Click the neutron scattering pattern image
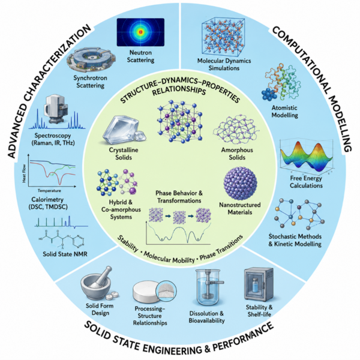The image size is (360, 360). (140, 32)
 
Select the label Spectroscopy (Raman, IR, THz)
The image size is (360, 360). (53, 139)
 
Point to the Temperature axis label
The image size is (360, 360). (49, 191)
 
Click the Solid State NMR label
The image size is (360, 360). (65, 254)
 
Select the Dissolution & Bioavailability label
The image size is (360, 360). (206, 317)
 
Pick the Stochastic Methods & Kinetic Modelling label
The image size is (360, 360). (295, 240)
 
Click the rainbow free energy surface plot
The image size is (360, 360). (306, 157)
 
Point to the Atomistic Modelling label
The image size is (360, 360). (284, 112)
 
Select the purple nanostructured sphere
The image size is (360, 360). (240, 184)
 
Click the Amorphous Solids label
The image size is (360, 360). (237, 154)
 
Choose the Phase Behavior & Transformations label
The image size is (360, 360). (179, 197)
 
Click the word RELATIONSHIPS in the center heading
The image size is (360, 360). (179, 89)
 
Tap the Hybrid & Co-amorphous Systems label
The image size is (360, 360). (121, 209)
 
